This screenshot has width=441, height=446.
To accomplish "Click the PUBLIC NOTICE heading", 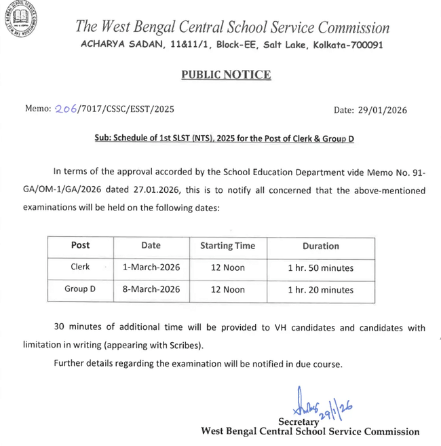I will pyautogui.click(x=225, y=75).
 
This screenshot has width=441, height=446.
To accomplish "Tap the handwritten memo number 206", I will pyautogui.click(x=65, y=109).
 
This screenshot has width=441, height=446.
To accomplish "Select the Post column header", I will pyautogui.click(x=80, y=246).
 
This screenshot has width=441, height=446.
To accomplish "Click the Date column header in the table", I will pyautogui.click(x=151, y=246).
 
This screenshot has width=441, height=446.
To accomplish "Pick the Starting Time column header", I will pyautogui.click(x=227, y=246).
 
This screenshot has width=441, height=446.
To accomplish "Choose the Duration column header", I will pyautogui.click(x=320, y=246).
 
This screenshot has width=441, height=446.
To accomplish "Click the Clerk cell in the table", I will pyautogui.click(x=80, y=267).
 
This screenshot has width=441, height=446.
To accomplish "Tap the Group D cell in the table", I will pyautogui.click(x=80, y=289).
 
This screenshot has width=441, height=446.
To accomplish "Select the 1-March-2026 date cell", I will pyautogui.click(x=151, y=267).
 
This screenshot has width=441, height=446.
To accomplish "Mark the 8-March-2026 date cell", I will pyautogui.click(x=151, y=289).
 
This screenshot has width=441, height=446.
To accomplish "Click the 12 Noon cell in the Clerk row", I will pyautogui.click(x=227, y=268).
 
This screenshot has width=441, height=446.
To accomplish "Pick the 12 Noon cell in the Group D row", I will pyautogui.click(x=227, y=290).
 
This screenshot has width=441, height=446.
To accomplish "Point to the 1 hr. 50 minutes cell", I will pyautogui.click(x=320, y=268).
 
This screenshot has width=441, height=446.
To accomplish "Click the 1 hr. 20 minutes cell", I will pyautogui.click(x=320, y=290).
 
